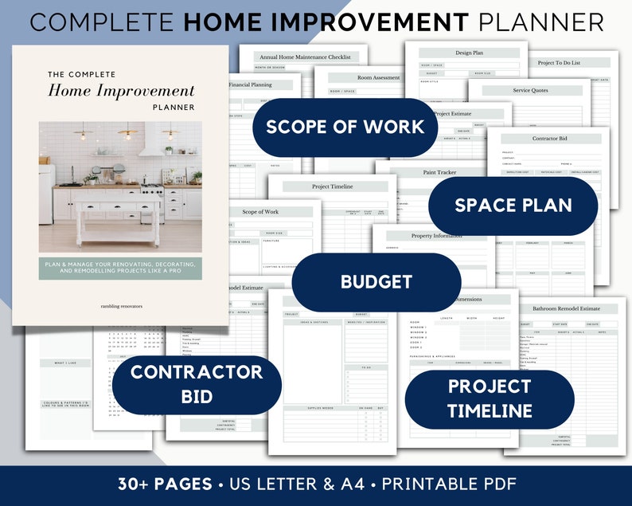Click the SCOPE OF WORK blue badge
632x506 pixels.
pos(345,127)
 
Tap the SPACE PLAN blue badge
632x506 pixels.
pos(513,206)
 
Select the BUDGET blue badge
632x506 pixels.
pos(376,281)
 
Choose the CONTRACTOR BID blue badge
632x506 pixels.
pos(197,384)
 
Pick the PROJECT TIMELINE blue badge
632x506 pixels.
pos(489,398)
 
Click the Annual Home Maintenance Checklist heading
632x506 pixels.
pos(306,57)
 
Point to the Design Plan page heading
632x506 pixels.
pos(469,53)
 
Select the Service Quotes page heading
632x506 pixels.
pos(530,91)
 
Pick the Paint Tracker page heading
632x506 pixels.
pos(440,172)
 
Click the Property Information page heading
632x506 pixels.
pos(437,237)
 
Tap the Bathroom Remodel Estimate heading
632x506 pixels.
pos(566,308)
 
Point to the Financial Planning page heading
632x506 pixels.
pos(250,84)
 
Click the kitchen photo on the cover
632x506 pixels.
pos(119,186)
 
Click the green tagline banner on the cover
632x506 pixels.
pos(119,269)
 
